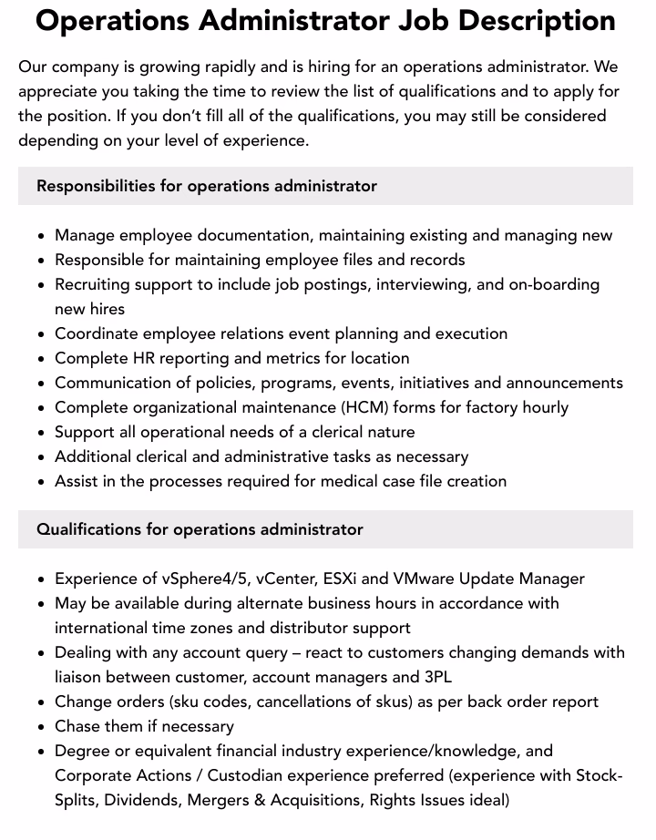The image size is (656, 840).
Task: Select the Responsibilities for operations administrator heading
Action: click(x=207, y=186)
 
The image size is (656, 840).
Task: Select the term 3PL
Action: click(x=433, y=677)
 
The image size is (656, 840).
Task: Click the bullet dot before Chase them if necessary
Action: click(x=42, y=727)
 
